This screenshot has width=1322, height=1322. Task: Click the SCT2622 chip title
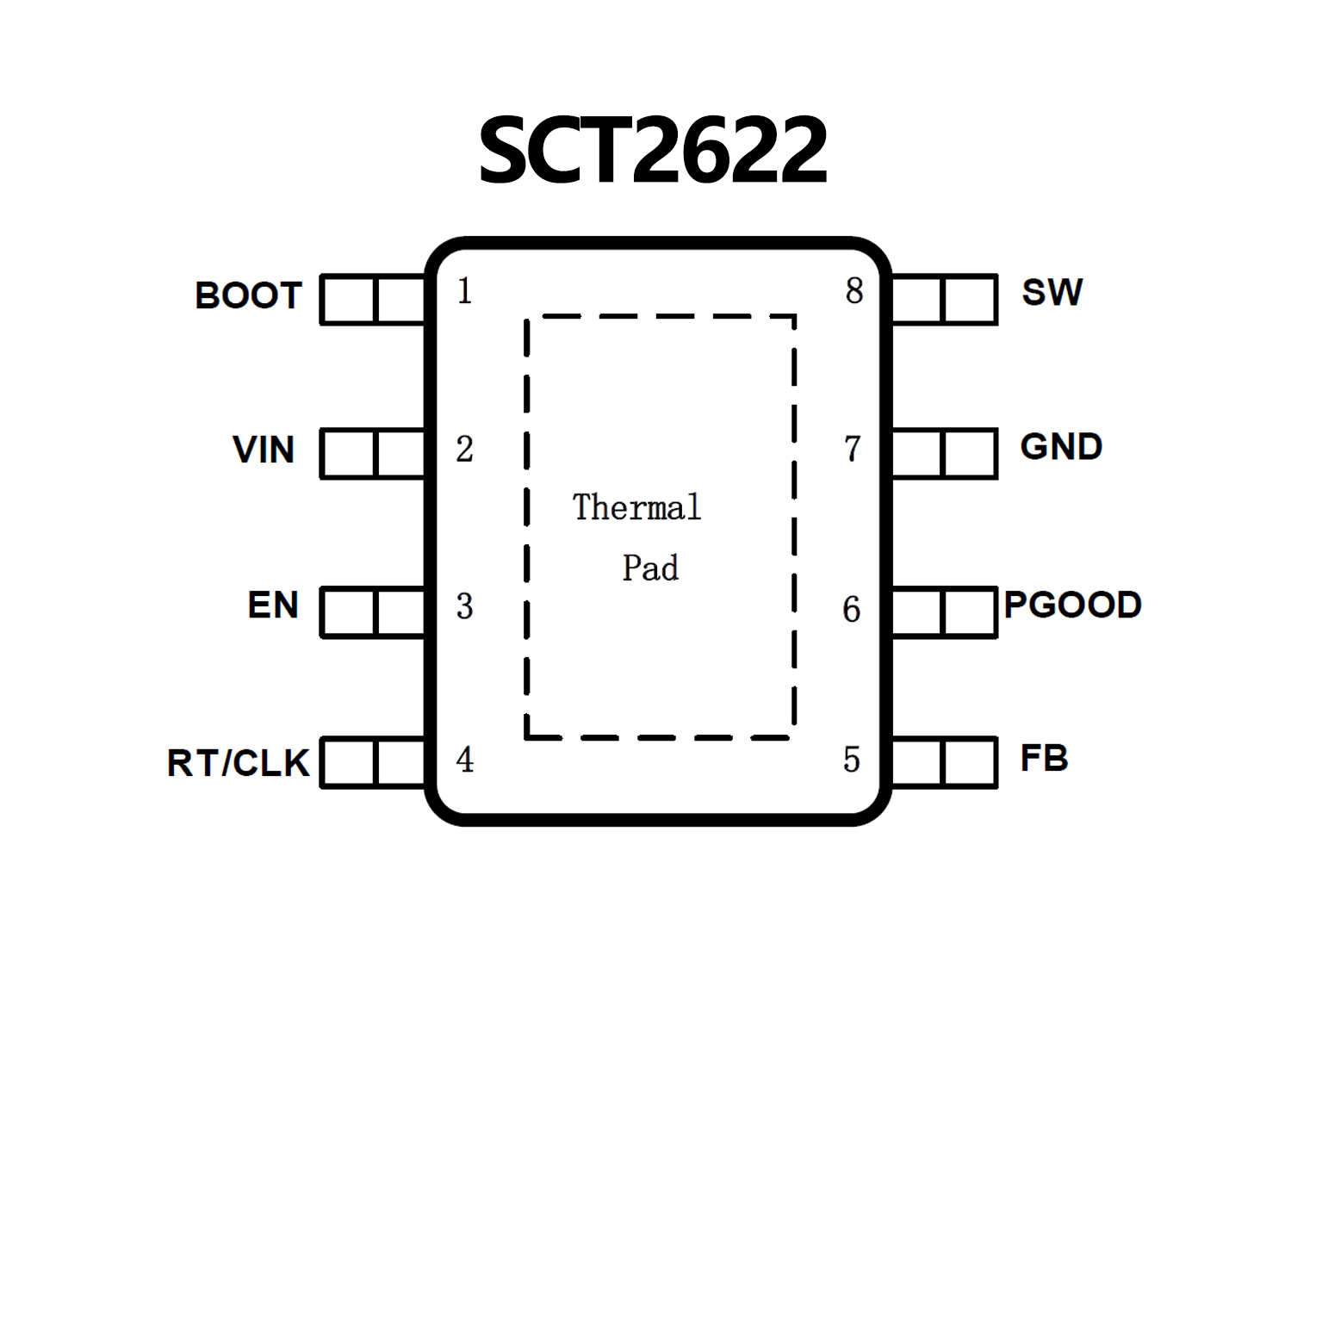(653, 152)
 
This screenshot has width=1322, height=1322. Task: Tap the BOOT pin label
(248, 295)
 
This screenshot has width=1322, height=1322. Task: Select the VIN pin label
(264, 450)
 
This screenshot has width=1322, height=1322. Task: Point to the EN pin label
(273, 605)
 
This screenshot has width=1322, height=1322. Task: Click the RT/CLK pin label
(238, 763)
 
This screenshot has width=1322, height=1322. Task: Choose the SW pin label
(1052, 293)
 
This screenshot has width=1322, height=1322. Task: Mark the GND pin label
(1061, 447)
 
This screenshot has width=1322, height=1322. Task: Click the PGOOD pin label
(1072, 605)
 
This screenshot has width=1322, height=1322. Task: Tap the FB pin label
(1044, 759)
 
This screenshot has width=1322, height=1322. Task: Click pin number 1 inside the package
(465, 291)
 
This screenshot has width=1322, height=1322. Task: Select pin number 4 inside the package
(465, 760)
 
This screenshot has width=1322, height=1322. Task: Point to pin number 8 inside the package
(853, 291)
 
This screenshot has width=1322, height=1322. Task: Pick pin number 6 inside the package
(851, 609)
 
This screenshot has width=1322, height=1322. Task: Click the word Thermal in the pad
(636, 507)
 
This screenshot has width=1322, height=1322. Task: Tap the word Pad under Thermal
(650, 568)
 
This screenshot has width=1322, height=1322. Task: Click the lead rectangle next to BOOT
(373, 299)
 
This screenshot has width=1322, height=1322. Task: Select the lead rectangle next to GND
(944, 453)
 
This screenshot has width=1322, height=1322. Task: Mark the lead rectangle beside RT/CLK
(373, 762)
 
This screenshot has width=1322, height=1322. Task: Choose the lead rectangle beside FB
(944, 762)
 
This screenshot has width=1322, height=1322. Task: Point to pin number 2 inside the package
(465, 449)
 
